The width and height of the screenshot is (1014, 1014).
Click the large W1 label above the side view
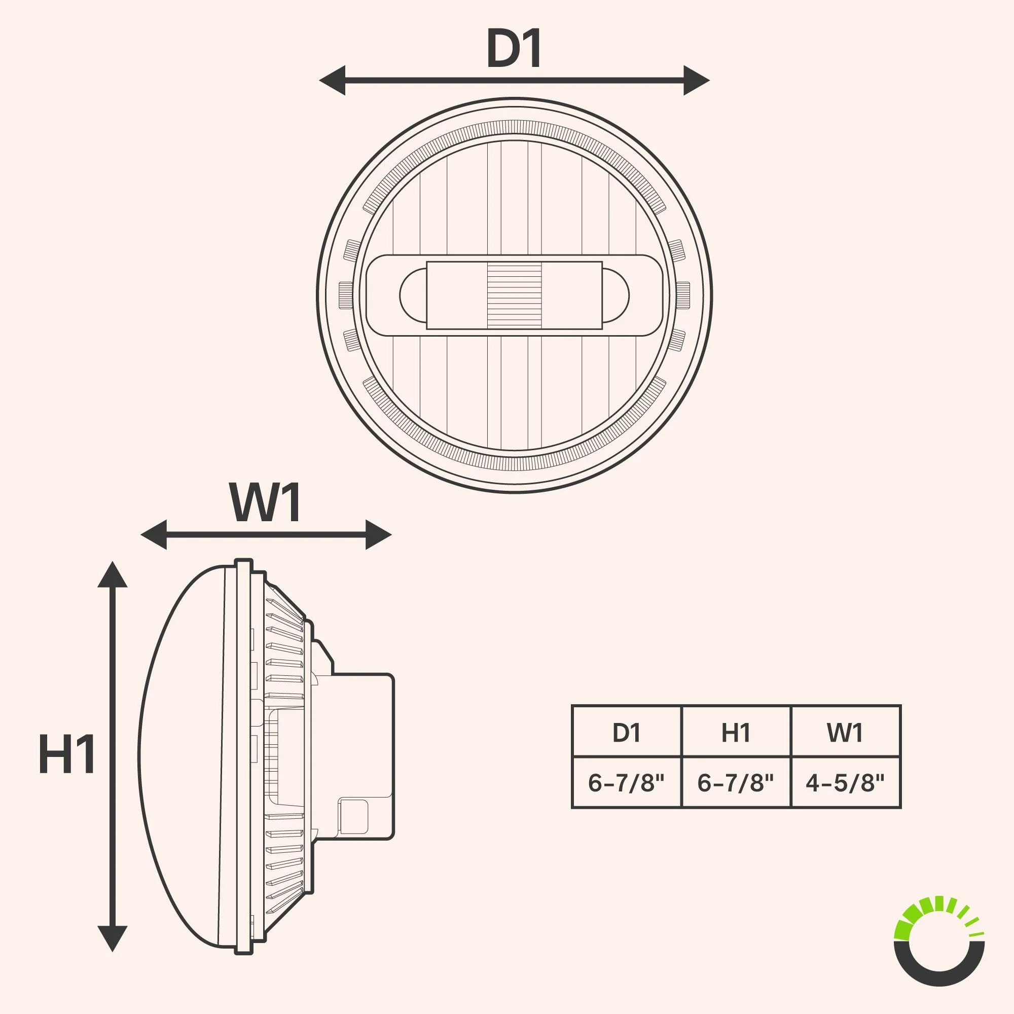click(266, 503)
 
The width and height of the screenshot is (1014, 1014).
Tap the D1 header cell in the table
click(626, 732)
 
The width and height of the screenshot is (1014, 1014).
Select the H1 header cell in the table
click(735, 732)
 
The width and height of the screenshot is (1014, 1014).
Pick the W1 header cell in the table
click(845, 732)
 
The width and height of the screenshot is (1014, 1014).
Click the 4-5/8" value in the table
click(845, 782)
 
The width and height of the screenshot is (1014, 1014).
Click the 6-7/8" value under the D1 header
click(626, 782)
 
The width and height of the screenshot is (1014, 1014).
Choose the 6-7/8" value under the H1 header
click(735, 782)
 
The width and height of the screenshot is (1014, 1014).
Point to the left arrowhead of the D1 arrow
click(332, 81)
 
